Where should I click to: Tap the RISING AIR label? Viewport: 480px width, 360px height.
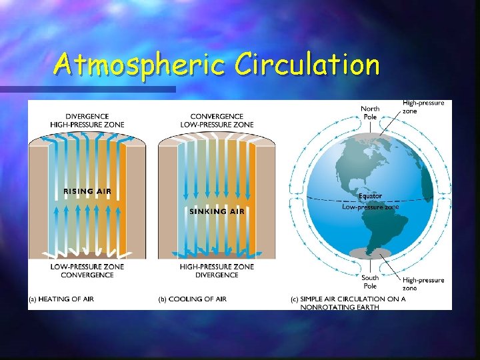click(x=87, y=192)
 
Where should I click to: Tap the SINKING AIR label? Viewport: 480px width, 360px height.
click(x=217, y=211)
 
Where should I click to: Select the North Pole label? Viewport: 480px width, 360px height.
click(x=370, y=112)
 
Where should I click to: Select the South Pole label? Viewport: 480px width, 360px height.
click(x=370, y=281)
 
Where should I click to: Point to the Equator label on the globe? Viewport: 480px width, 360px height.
click(x=370, y=196)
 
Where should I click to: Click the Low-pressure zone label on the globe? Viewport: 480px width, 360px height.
click(x=370, y=207)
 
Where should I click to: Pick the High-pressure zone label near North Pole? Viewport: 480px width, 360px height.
click(x=423, y=107)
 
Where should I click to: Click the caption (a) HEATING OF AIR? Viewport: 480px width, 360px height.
click(x=61, y=299)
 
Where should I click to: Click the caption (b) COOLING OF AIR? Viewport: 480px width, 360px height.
click(x=192, y=299)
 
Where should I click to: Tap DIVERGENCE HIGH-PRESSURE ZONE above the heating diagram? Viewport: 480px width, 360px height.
click(x=87, y=121)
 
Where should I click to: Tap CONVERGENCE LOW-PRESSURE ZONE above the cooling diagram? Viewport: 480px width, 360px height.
click(x=217, y=121)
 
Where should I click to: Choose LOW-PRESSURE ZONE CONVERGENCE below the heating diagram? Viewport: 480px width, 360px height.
click(x=87, y=271)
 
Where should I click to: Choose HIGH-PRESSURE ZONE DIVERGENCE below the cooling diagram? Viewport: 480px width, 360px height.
click(x=217, y=271)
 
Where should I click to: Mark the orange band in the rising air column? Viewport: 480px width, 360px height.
click(x=121, y=200)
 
